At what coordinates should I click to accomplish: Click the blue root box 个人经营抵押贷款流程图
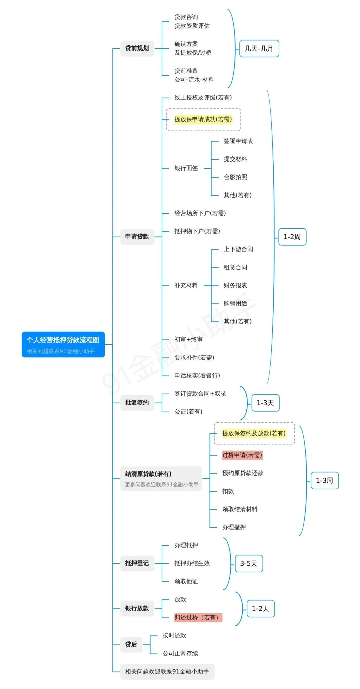[63, 344]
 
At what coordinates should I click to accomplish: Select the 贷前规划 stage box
[137, 48]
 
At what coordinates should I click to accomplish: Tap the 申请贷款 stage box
[137, 237]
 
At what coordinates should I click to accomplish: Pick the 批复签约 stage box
[137, 403]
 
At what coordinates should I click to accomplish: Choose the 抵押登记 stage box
[137, 563]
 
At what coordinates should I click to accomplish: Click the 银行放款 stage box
[137, 608]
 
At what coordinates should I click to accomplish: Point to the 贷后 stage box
[131, 644]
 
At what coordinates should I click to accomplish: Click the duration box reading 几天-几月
[259, 49]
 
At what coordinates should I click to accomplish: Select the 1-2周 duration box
[292, 237]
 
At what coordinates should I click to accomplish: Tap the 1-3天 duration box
[265, 403]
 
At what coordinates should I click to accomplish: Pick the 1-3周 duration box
[324, 481]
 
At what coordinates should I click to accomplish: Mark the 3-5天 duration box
[249, 564]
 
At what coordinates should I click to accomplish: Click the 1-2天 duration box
[260, 609]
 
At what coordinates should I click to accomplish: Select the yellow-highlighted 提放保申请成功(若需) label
[203, 119]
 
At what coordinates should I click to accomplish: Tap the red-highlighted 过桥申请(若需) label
[242, 455]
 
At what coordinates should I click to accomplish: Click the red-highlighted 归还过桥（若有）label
[198, 617]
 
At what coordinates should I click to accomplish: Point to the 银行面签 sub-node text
[186, 168]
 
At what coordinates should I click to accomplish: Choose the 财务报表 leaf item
[235, 285]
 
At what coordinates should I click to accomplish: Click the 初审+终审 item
[188, 339]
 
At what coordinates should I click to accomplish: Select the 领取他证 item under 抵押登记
[186, 581]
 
